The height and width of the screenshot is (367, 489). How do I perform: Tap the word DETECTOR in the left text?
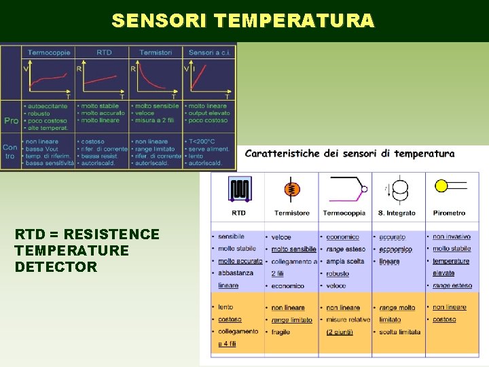56,267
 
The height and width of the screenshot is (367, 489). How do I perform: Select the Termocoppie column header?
50,52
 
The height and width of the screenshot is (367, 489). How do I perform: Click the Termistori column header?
156,52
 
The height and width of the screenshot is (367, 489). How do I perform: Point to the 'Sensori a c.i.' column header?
209,52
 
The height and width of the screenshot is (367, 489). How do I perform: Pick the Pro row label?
11,120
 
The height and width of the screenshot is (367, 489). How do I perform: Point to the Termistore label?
291,213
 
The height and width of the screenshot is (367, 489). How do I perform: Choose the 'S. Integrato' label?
397,213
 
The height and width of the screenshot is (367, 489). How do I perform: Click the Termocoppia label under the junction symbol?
344,213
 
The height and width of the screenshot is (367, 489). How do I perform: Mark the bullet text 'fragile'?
280,332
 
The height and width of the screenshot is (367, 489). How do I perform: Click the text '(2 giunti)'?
339,332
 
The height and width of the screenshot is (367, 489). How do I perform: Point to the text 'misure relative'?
348,319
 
